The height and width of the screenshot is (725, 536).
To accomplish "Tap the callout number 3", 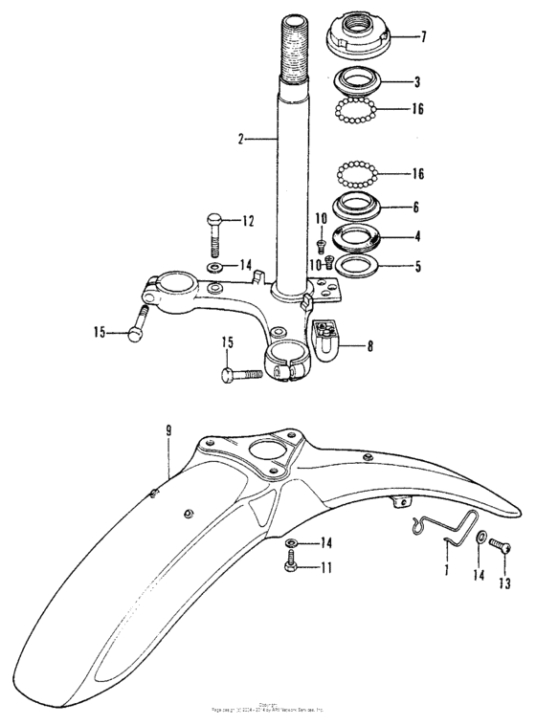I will tap(417, 82).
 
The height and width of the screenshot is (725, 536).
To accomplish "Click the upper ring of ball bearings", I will tap(356, 111).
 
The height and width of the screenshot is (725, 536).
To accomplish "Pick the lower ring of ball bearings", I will tap(356, 175).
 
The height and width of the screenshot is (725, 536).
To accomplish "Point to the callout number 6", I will tap(416, 207).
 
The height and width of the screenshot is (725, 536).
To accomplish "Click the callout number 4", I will tap(416, 236).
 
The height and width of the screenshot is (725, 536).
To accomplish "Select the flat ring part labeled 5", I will tap(357, 263).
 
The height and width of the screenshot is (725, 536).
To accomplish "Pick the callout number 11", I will tap(327, 567).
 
